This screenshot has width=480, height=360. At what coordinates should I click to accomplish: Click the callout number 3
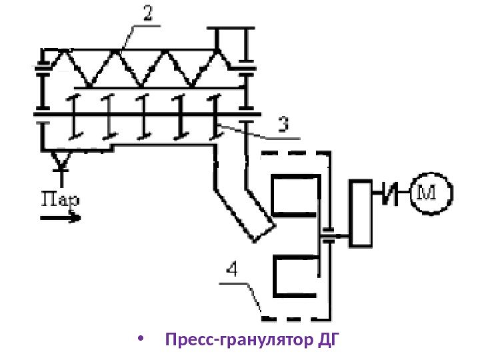pos(283,125)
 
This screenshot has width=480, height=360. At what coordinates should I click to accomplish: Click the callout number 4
pos(231,270)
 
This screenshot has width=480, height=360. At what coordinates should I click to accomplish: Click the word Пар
pos(61,198)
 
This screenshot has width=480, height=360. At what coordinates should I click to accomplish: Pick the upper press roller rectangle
pos(294,196)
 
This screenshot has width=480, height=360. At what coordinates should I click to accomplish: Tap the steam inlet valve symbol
pos(63,160)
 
